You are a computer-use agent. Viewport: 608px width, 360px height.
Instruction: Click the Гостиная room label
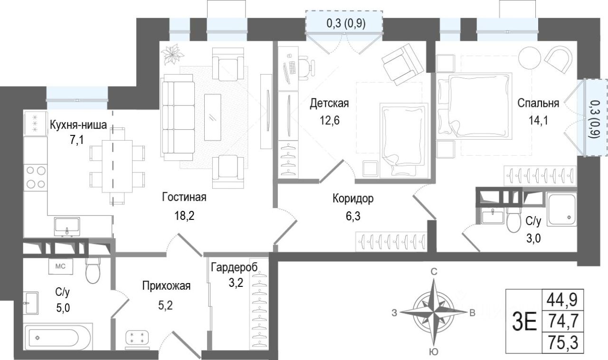click(184, 197)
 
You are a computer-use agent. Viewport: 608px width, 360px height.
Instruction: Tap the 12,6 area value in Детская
click(329, 120)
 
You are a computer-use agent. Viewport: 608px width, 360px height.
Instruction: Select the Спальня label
click(538, 103)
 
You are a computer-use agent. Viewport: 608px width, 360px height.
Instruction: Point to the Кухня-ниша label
click(78, 125)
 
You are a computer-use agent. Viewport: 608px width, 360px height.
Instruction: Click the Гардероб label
click(234, 267)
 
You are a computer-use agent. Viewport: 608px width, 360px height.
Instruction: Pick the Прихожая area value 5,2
click(165, 306)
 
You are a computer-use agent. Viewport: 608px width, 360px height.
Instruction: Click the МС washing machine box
click(60, 266)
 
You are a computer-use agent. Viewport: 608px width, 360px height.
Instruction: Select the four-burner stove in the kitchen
click(35, 177)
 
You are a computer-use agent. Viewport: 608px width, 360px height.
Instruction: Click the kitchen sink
click(67, 227)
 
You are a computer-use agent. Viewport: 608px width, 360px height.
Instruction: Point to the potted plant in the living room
click(172, 55)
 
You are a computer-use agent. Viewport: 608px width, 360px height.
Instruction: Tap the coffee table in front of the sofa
click(212, 117)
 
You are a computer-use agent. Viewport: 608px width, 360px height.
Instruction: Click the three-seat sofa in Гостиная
click(178, 117)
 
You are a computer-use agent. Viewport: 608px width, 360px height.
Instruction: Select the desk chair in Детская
click(307, 67)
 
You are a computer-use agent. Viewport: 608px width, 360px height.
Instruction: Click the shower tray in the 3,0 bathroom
click(561, 209)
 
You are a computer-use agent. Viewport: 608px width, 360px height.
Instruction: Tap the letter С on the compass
click(434, 272)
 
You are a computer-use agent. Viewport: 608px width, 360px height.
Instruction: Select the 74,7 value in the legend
click(562, 321)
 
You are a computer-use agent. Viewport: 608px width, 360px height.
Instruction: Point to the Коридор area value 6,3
click(353, 217)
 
